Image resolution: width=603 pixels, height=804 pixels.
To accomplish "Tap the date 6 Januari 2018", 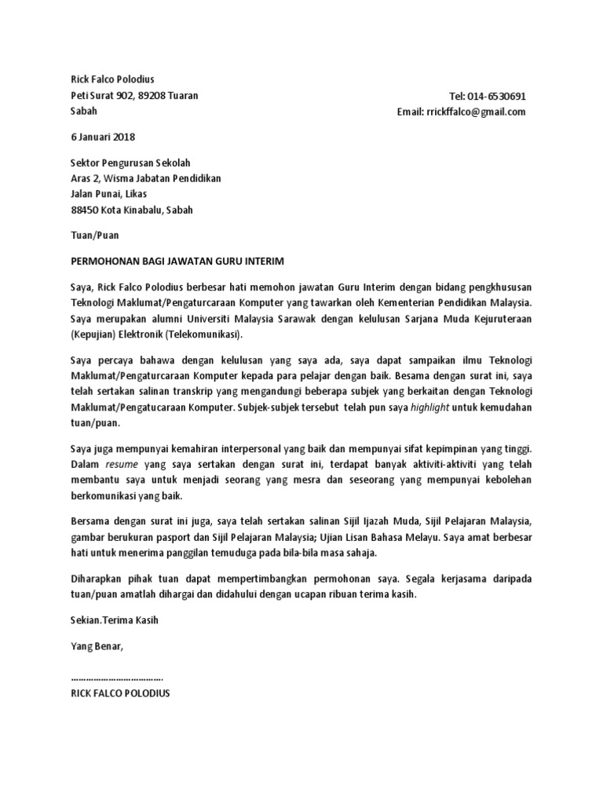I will coord(103,137).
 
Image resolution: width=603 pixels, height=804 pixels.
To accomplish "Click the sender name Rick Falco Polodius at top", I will coord(113,79).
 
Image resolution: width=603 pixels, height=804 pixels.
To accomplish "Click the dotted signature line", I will coord(117,677).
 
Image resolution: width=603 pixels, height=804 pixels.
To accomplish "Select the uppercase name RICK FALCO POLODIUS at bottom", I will coord(120,693).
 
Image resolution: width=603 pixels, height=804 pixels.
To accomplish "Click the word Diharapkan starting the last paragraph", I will coord(98,579).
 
